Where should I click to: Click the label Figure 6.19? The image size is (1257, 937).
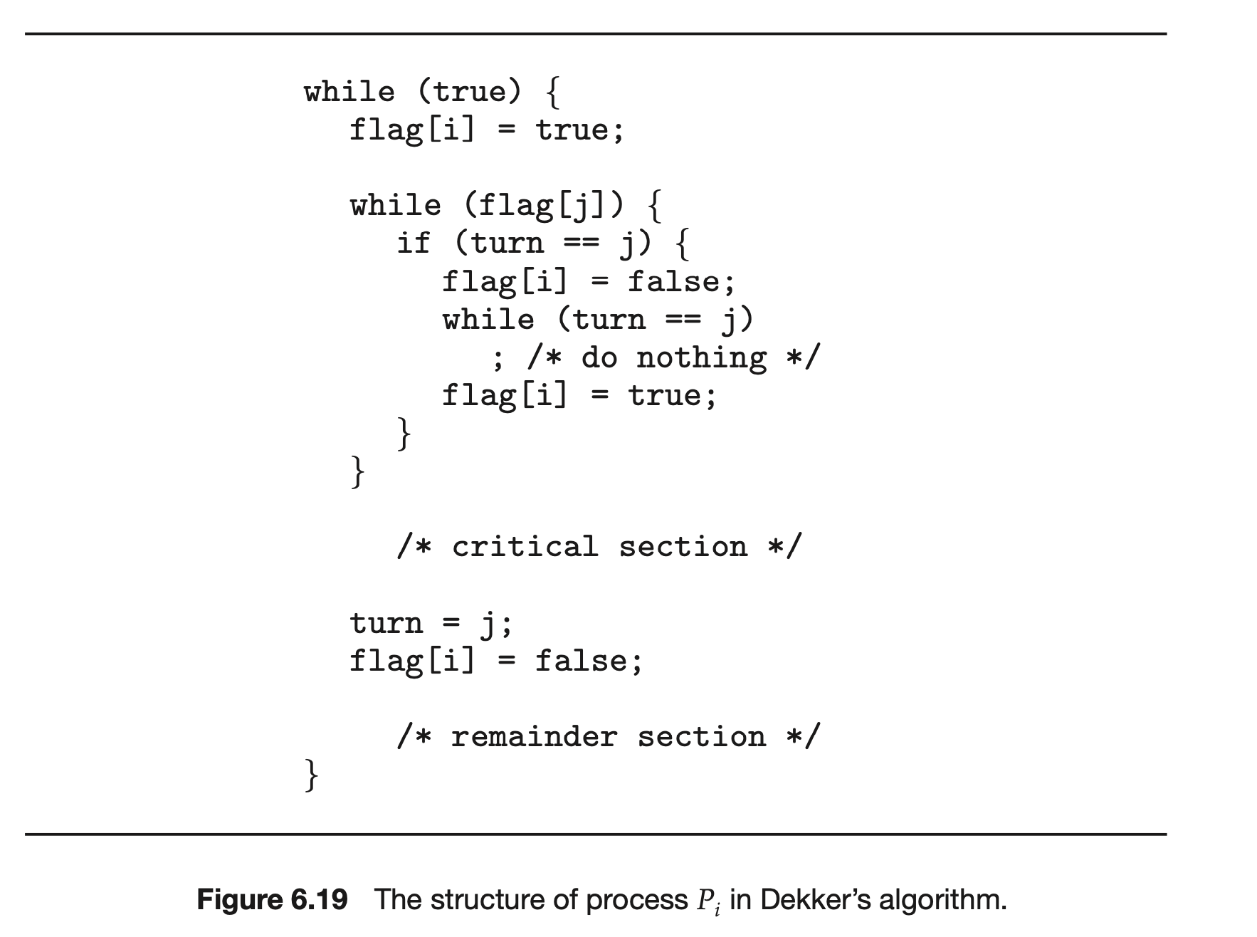(272, 900)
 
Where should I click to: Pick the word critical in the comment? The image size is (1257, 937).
(525, 547)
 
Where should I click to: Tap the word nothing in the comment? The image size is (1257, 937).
(701, 357)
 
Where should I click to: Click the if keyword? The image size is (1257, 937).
(414, 244)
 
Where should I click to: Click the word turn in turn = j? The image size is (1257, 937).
(386, 624)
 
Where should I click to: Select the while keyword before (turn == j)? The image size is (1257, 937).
(488, 320)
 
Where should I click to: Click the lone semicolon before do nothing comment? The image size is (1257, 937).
(498, 359)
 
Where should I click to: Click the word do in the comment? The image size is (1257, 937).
(599, 357)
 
